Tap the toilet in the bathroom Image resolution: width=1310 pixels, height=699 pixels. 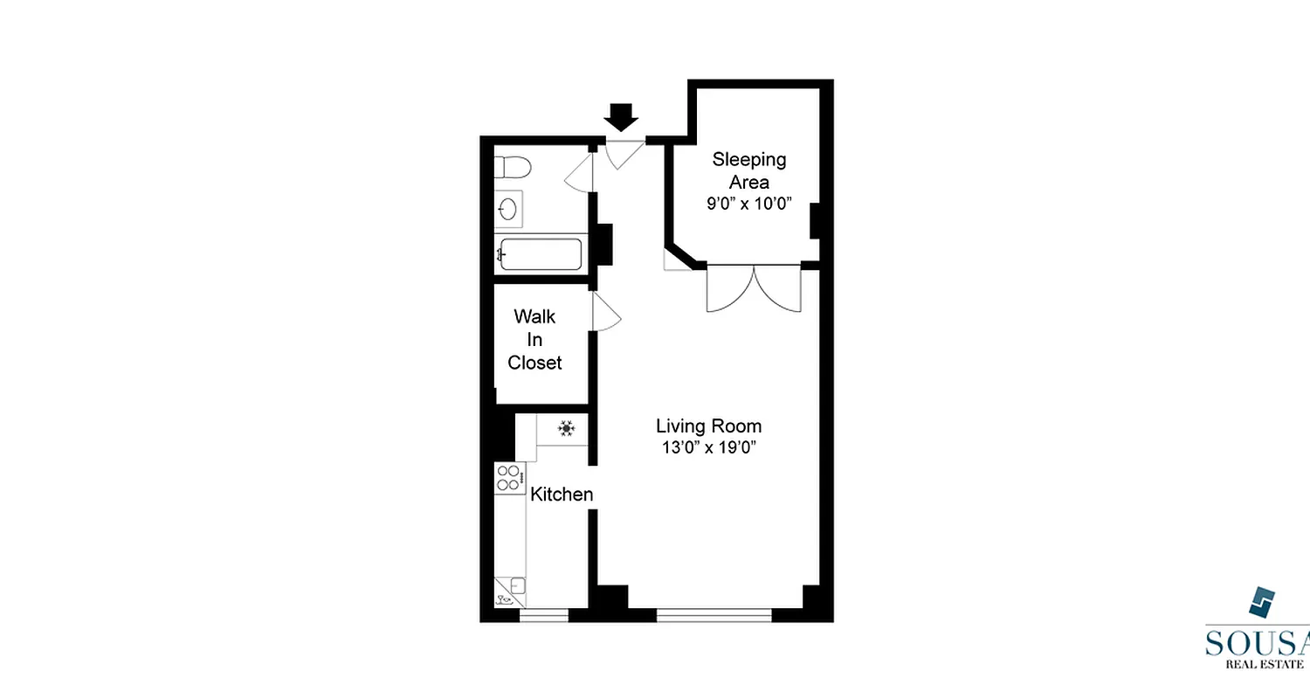pos(514,166)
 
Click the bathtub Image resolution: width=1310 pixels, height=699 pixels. pos(539,255)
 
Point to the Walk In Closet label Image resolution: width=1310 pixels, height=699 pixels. pos(534,339)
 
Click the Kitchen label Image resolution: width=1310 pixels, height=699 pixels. pos(562,495)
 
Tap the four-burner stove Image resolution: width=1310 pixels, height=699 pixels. pos(508,478)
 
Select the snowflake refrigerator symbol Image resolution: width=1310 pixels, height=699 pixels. pos(566,428)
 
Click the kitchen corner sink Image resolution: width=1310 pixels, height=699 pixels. pos(510,591)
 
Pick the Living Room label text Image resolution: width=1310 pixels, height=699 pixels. pos(708,426)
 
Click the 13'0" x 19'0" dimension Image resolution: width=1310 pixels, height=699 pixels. pos(708,448)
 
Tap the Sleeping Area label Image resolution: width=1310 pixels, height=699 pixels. pos(749,170)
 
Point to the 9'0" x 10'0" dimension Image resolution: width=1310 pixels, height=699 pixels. pos(749,205)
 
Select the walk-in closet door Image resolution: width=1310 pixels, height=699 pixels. pos(606,312)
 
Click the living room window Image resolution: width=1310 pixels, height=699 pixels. pos(714,616)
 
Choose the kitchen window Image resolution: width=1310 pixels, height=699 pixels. pos(543,616)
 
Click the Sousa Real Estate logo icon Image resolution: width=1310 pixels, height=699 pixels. pos(1261,603)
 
